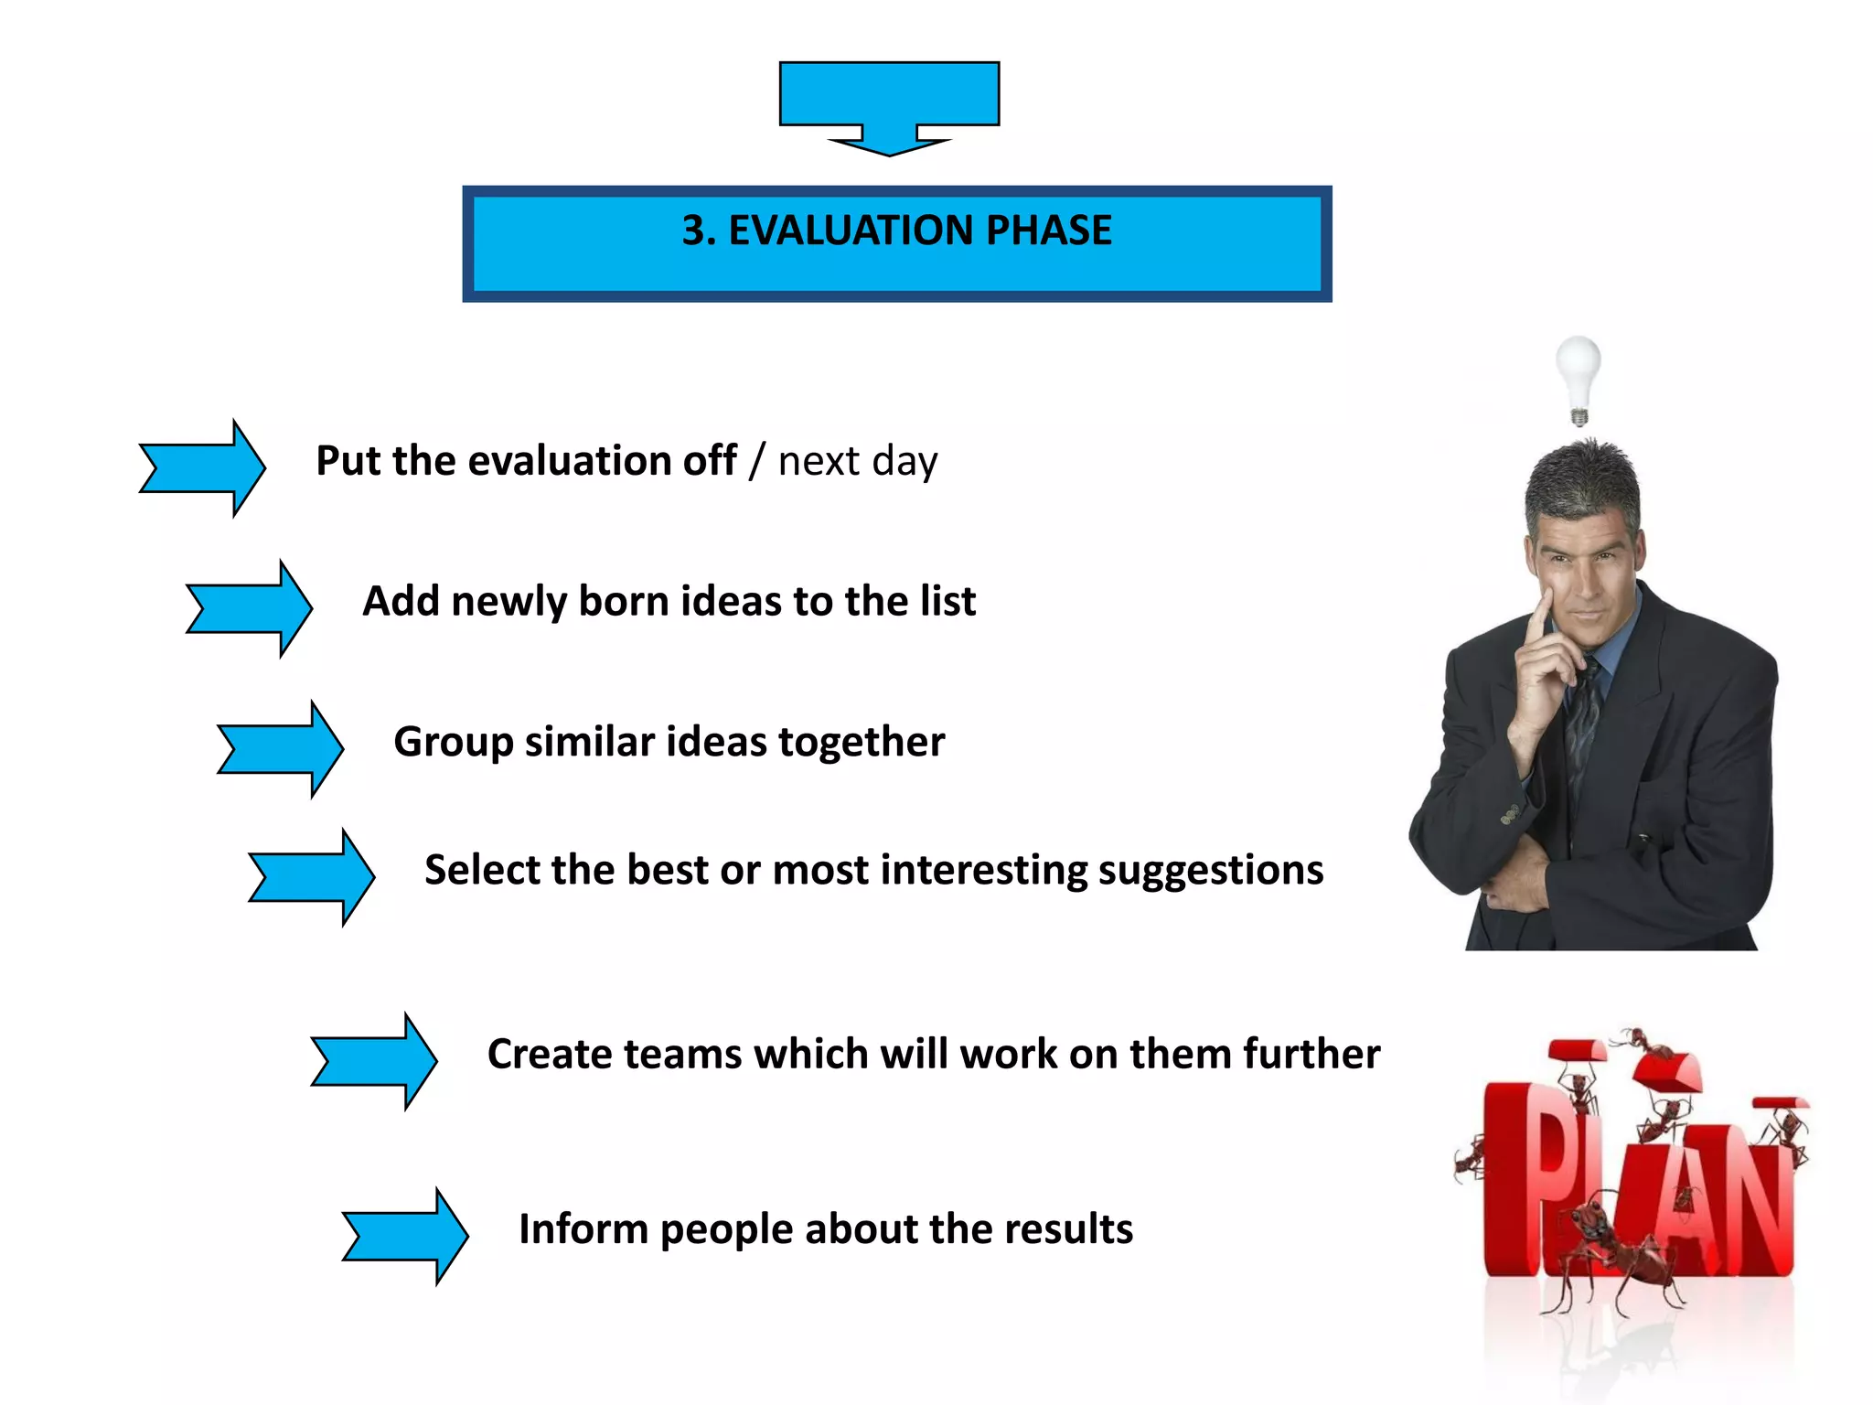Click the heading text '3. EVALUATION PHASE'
[896, 231]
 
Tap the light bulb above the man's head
[1579, 374]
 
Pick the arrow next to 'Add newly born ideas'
[250, 609]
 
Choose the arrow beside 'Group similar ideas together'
[281, 749]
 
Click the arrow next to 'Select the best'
[312, 877]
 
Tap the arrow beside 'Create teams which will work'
[374, 1061]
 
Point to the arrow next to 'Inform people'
[405, 1237]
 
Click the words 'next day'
[858, 461]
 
